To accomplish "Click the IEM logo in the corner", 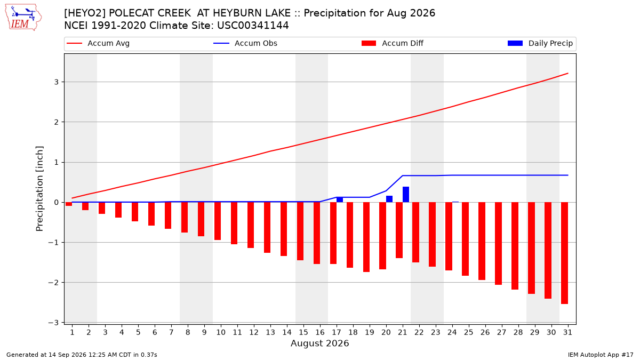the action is pos(23,18).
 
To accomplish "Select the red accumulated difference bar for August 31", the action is pos(564,253).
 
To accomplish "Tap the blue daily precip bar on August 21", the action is pos(406,194).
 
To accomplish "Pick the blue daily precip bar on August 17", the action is pos(340,199).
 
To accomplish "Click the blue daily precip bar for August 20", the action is pos(389,199).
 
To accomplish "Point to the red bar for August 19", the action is pos(366,237).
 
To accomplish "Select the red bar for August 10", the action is pos(218,221).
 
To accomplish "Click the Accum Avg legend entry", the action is pos(98,43).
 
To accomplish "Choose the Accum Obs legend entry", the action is pos(245,43).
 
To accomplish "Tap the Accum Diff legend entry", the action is pos(393,43).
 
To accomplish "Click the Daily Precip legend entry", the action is pos(540,43).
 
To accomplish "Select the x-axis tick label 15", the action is pos(303,332).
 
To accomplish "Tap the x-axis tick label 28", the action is pos(518,332).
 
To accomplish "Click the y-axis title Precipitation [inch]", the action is pos(39,189).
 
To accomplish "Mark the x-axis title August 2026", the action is pos(319,343).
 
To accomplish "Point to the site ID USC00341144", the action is pos(253,26).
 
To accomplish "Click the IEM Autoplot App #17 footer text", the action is pos(601,355).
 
